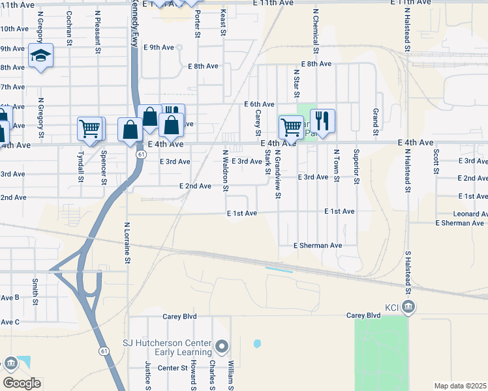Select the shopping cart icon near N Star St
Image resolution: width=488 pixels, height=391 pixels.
[290, 126]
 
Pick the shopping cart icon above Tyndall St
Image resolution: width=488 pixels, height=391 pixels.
[89, 128]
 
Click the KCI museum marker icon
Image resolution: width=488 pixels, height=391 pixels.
[408, 307]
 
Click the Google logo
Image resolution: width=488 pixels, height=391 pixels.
[22, 383]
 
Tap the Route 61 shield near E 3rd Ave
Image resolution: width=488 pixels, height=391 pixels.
[141, 154]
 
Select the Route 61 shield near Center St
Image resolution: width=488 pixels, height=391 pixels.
[104, 351]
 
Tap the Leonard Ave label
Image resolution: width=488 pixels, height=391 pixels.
[461, 214]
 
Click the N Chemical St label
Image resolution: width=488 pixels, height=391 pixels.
[315, 31]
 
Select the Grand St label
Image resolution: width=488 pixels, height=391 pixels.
[376, 123]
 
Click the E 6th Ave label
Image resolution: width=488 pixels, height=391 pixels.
[259, 104]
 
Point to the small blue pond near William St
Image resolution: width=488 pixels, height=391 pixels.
[257, 343]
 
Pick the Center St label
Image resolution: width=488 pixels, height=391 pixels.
[173, 368]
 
